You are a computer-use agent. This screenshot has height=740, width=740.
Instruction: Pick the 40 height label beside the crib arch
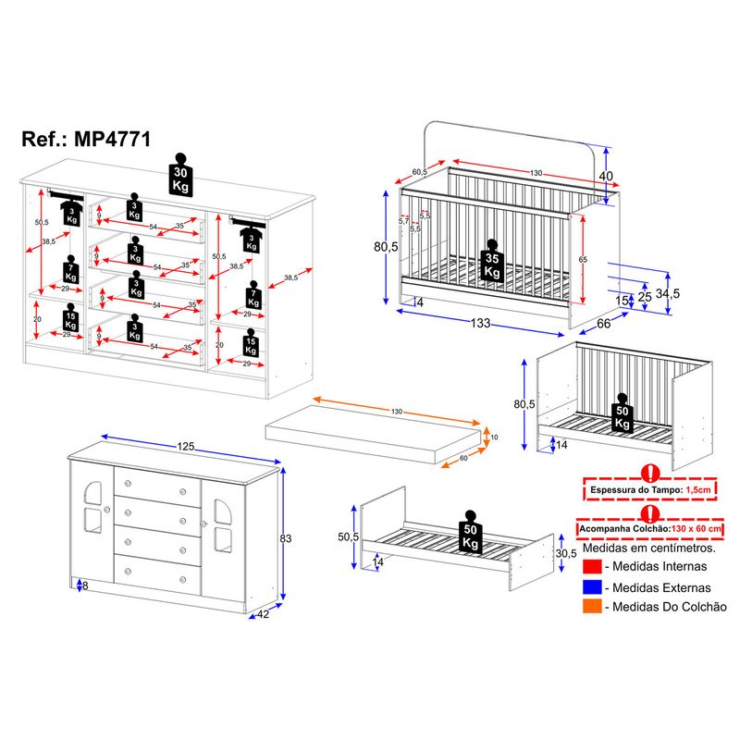(x=606, y=177)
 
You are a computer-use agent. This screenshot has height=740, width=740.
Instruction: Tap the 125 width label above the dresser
(x=187, y=448)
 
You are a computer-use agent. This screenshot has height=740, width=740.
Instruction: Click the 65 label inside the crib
(x=583, y=261)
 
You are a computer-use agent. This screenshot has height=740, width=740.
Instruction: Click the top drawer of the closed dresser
(x=157, y=484)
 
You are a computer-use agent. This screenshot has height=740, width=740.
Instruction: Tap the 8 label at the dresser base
(x=85, y=586)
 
